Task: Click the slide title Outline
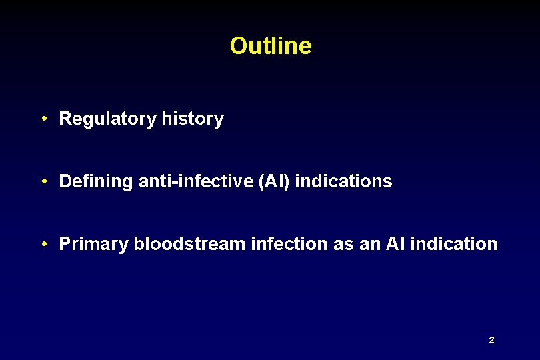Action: [x=271, y=46]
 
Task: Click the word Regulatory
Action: [x=108, y=119]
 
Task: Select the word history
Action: [x=193, y=119]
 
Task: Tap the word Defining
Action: [x=96, y=181]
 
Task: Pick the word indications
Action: [x=343, y=181]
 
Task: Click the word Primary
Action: [x=93, y=244]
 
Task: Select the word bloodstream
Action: [x=189, y=244]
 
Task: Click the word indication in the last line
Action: [x=454, y=244]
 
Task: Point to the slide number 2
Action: [x=491, y=341]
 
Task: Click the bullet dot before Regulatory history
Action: [x=43, y=119]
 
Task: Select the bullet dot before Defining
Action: [x=43, y=181]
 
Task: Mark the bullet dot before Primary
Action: [x=43, y=244]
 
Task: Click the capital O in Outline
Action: [x=238, y=46]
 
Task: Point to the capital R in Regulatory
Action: [x=65, y=119]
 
